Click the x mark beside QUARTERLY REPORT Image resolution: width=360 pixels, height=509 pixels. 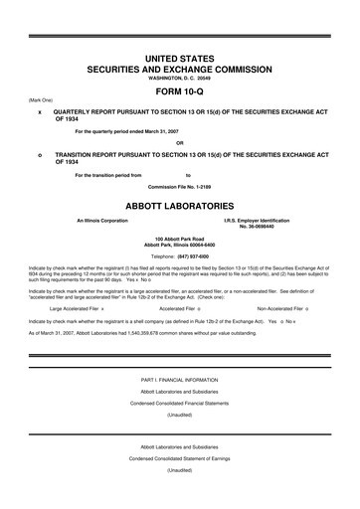(39, 112)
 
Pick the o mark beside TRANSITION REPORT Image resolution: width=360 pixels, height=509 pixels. (39, 156)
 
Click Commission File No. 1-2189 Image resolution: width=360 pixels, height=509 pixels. (180, 185)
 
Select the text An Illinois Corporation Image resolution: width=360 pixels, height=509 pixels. (102, 219)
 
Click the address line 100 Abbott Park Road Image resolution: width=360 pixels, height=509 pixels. (180, 239)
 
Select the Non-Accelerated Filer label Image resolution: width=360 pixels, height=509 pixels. (281, 308)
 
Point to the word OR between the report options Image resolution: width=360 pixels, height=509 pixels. (180, 143)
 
